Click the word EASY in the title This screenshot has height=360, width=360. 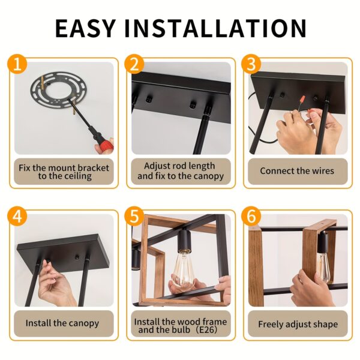click(x=85, y=28)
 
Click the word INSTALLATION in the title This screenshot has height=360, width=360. click(x=215, y=28)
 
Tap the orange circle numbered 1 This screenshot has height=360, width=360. click(x=17, y=64)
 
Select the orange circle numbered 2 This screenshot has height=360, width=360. click(x=134, y=64)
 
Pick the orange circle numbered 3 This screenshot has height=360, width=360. click(x=251, y=64)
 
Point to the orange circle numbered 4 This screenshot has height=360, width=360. click(x=17, y=216)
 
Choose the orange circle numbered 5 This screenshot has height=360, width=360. click(x=134, y=216)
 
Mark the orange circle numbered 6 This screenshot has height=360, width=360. click(x=251, y=216)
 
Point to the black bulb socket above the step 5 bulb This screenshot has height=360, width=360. click(x=185, y=240)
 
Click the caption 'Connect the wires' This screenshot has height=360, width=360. click(x=297, y=171)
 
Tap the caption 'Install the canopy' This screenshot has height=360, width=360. click(x=62, y=323)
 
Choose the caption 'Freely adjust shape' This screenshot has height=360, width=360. click(x=298, y=324)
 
